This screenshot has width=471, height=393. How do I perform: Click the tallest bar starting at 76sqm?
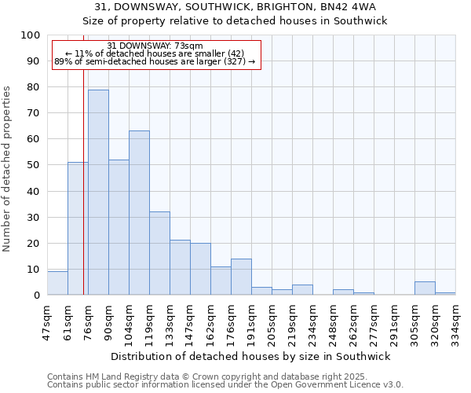pyautogui.click(x=98, y=193)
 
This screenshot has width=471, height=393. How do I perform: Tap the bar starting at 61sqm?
pyautogui.click(x=78, y=229)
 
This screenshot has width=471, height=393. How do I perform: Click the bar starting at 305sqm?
pyautogui.click(x=425, y=288)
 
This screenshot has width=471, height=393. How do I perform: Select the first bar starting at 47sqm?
pyautogui.click(x=57, y=283)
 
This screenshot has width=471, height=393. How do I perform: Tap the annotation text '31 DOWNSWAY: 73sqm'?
pyautogui.click(x=155, y=46)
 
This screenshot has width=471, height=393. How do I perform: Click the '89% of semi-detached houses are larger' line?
pyautogui.click(x=155, y=61)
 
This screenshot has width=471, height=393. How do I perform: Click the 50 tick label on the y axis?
pyautogui.click(x=33, y=165)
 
